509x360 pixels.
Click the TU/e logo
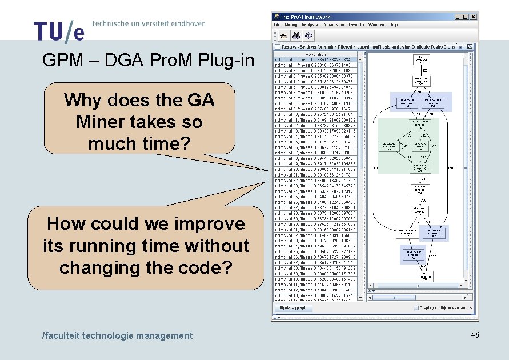click(58, 31)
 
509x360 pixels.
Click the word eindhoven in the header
click(185, 23)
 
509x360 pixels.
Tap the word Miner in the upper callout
click(99, 122)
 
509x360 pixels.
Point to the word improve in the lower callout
click(209, 223)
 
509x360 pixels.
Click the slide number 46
click(475, 335)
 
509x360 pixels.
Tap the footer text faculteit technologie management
click(118, 335)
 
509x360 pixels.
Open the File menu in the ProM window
click(277, 25)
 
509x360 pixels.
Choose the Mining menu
click(291, 25)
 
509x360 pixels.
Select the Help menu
click(394, 25)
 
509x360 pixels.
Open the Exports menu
click(356, 25)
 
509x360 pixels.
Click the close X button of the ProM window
click(473, 17)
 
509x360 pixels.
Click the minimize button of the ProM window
click(458, 17)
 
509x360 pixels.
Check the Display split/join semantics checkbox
click(416, 307)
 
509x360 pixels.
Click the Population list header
click(315, 54)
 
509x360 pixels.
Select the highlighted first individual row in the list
click(315, 59)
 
